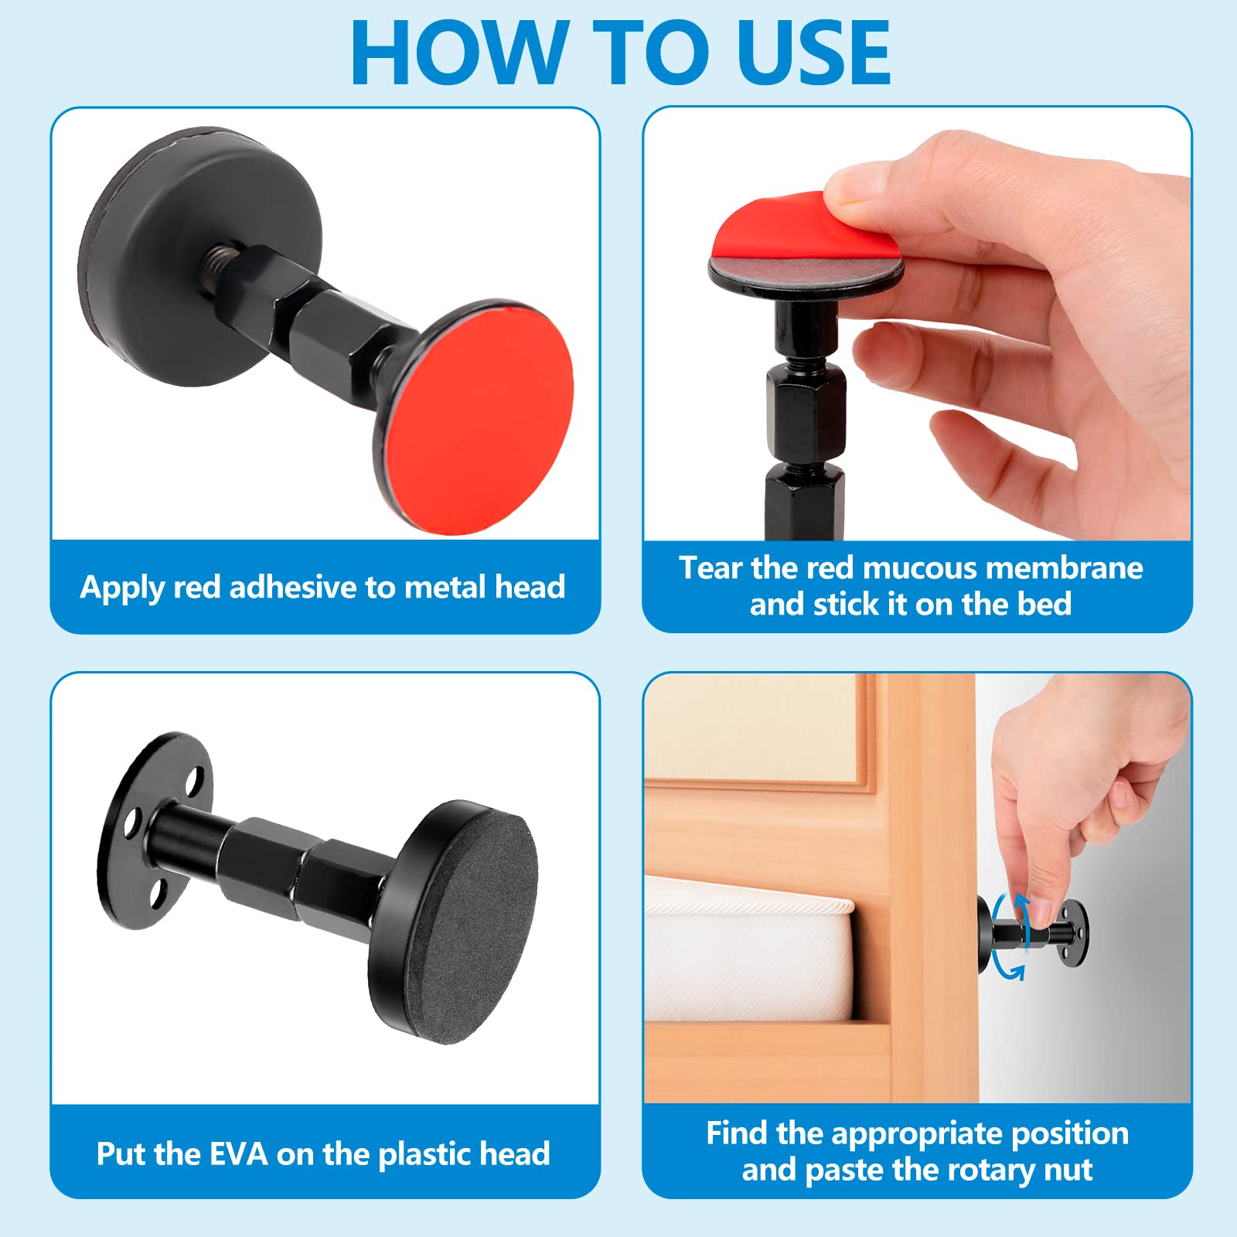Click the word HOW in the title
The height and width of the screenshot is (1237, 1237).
pos(461,52)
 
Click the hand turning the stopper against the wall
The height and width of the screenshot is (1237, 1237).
pos(1082,796)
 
